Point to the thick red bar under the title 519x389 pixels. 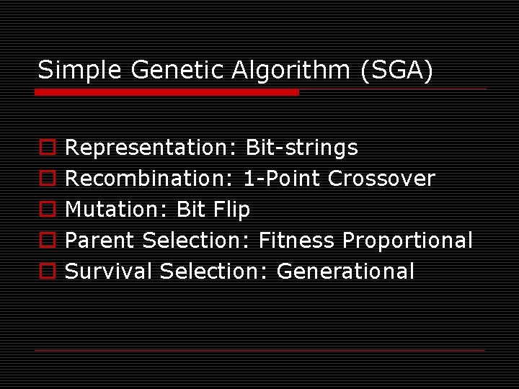[x=167, y=92]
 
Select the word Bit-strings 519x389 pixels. [x=301, y=148]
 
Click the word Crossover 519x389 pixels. [x=381, y=179]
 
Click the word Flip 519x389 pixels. [x=232, y=210]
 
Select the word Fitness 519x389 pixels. [x=297, y=241]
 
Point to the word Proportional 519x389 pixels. [x=407, y=241]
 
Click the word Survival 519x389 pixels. [x=110, y=272]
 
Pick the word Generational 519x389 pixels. [x=345, y=272]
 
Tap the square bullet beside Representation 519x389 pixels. [x=47, y=148]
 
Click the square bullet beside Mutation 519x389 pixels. [x=47, y=210]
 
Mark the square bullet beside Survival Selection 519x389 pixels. [x=47, y=272]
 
